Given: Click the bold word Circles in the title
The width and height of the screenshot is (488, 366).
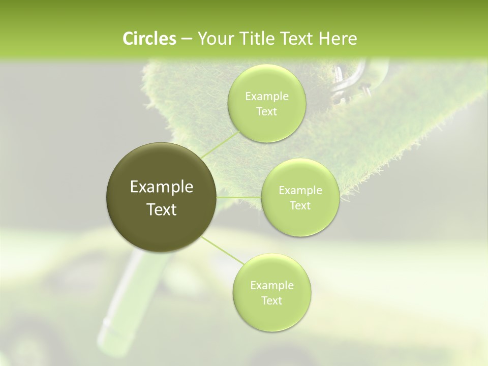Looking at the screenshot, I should coord(149,39).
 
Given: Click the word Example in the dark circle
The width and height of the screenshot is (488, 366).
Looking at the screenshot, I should coord(162,187).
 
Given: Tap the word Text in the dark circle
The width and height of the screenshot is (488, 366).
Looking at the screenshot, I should coord(162,209).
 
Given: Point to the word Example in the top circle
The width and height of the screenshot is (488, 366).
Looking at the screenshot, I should coord(266,97).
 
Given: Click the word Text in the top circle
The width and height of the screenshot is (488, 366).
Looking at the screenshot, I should coord(266,111).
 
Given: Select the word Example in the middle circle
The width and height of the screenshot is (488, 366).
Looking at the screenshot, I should coord(300,191).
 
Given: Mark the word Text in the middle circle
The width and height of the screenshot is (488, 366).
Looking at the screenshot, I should coord(300,205).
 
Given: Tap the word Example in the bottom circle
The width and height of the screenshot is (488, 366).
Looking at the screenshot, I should coord(271,285).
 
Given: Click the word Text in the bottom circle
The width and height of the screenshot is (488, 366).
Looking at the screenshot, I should coord(271,300).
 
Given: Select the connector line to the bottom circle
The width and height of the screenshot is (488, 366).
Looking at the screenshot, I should coord(223,251).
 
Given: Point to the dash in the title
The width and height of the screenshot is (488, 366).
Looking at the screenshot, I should coord(186,39).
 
